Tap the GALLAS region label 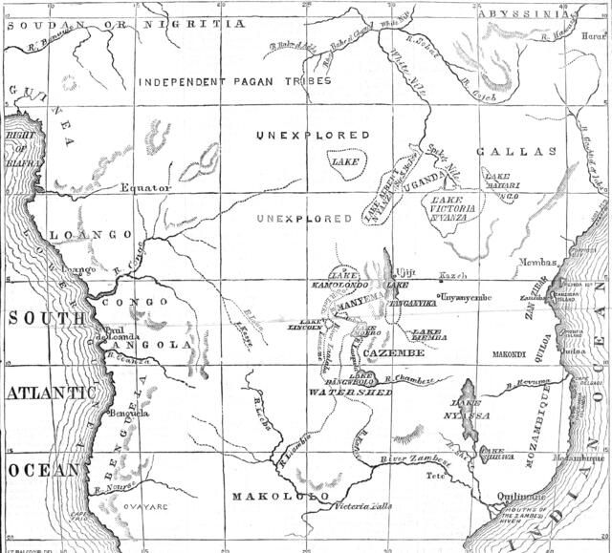523,152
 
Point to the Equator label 145,188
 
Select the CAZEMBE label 394,354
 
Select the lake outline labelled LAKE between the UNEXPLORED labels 345,162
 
